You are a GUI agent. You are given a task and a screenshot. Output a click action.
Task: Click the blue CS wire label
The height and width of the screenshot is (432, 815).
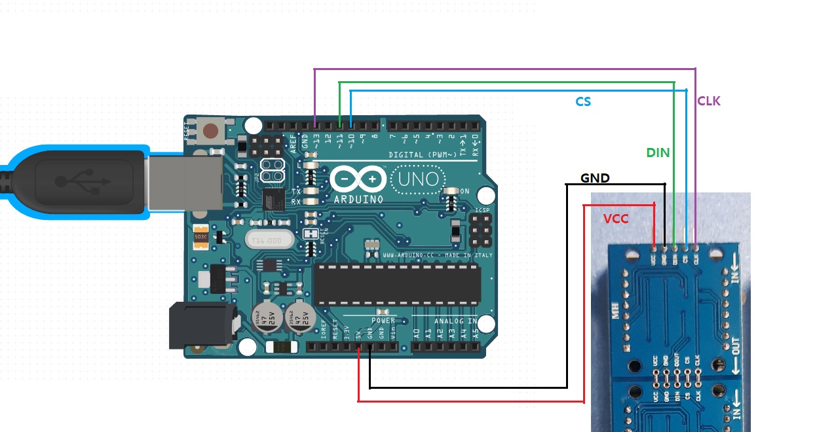[583, 101]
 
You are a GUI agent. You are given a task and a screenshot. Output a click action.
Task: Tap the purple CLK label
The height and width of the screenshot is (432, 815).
[709, 101]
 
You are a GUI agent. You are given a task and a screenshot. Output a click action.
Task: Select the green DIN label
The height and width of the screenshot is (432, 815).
[658, 153]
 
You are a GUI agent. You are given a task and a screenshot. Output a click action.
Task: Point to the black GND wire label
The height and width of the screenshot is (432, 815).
[595, 178]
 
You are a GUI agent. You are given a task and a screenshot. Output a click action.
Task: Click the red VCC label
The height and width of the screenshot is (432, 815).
[616, 219]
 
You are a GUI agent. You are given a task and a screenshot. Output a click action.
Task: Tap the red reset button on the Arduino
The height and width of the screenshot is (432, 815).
[211, 131]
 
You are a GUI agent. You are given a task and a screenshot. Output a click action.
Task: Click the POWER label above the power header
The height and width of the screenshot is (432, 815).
[383, 321]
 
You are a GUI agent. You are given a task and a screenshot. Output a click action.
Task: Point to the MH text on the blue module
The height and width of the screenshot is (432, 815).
[615, 312]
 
